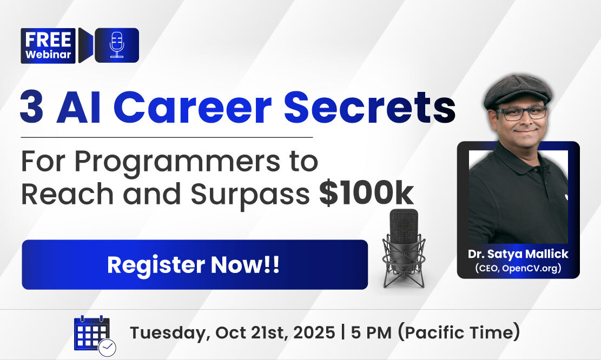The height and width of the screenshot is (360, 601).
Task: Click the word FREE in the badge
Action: tap(48, 39)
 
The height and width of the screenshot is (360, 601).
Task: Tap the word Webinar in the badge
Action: tap(48, 55)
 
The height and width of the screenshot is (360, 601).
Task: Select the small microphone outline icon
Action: tap(117, 45)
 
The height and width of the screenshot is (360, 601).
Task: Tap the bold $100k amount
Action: tap(367, 194)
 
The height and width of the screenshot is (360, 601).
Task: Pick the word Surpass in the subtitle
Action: tap(250, 195)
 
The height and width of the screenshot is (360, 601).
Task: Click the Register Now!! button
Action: tap(195, 264)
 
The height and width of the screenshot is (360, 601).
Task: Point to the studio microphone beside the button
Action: tap(404, 248)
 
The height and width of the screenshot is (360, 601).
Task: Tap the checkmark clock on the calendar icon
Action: tap(107, 348)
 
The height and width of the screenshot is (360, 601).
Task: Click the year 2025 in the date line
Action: tap(314, 332)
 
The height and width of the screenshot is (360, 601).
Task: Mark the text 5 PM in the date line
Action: tap(371, 332)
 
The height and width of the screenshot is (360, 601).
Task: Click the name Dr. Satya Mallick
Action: tap(518, 254)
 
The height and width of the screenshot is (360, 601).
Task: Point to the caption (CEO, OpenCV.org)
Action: tap(518, 268)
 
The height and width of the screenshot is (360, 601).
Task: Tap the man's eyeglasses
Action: tap(521, 113)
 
